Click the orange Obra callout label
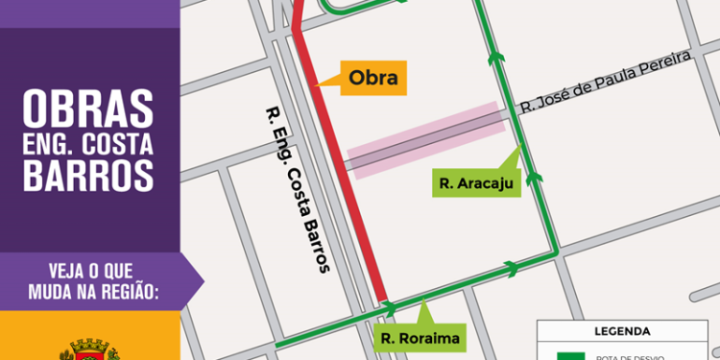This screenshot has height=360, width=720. tap(373, 78)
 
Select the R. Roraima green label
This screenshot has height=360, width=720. tap(420, 337)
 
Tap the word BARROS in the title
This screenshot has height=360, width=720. tap(87, 176)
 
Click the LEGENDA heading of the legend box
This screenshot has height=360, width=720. tap(622, 331)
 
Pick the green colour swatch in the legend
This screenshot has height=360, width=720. tap(570, 355)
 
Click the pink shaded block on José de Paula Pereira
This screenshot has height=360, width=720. tap(423, 140)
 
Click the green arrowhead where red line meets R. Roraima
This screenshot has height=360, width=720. tap(390, 308)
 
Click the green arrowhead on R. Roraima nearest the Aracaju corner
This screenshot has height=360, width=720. tap(512, 269)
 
